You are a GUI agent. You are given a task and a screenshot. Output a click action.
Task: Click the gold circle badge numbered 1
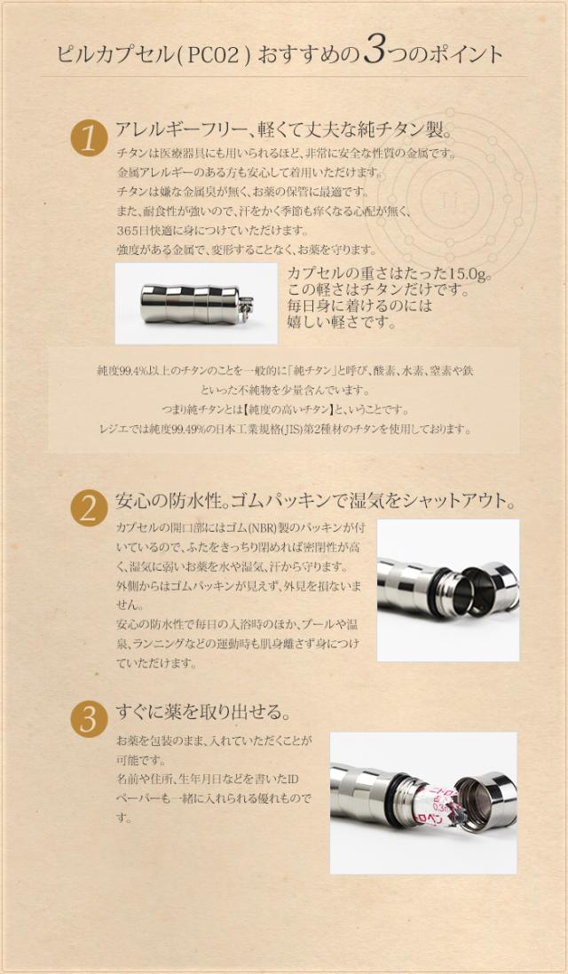(89, 139)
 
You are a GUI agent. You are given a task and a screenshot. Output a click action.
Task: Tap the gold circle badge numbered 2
(89, 508)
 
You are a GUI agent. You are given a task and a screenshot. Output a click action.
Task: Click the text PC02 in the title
(216, 55)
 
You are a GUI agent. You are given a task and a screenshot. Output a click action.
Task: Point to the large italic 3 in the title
(374, 53)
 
